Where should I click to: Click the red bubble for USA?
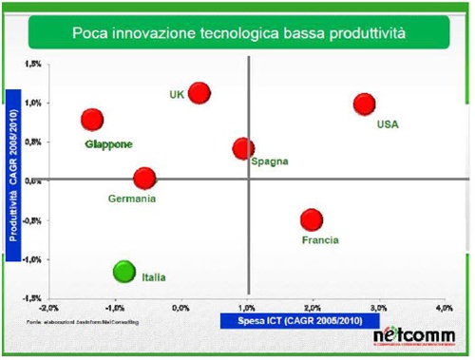364,104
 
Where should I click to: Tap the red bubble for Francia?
312,219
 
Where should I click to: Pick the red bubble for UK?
199,92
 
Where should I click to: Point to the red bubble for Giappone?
92,120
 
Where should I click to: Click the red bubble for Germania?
144,179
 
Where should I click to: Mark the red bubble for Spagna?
243,149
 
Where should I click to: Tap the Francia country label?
320,239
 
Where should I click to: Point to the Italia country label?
154,277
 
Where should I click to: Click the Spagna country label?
270,161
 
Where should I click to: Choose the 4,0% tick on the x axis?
443,309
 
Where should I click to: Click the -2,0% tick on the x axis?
48,309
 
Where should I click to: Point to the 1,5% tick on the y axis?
33,63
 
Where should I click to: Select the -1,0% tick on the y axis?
31,258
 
